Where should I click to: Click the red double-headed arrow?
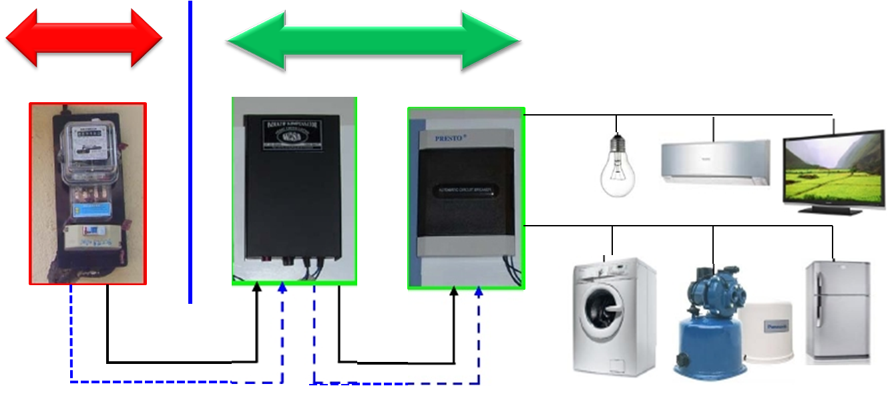[x=84, y=39]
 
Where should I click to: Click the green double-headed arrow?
[x=373, y=41]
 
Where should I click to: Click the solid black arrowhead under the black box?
[x=257, y=288]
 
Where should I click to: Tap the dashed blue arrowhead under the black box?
[x=282, y=288]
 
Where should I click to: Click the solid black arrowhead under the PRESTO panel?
[x=455, y=292]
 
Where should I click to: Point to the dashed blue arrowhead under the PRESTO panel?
[x=479, y=292]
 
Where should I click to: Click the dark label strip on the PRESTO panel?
[x=467, y=192]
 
